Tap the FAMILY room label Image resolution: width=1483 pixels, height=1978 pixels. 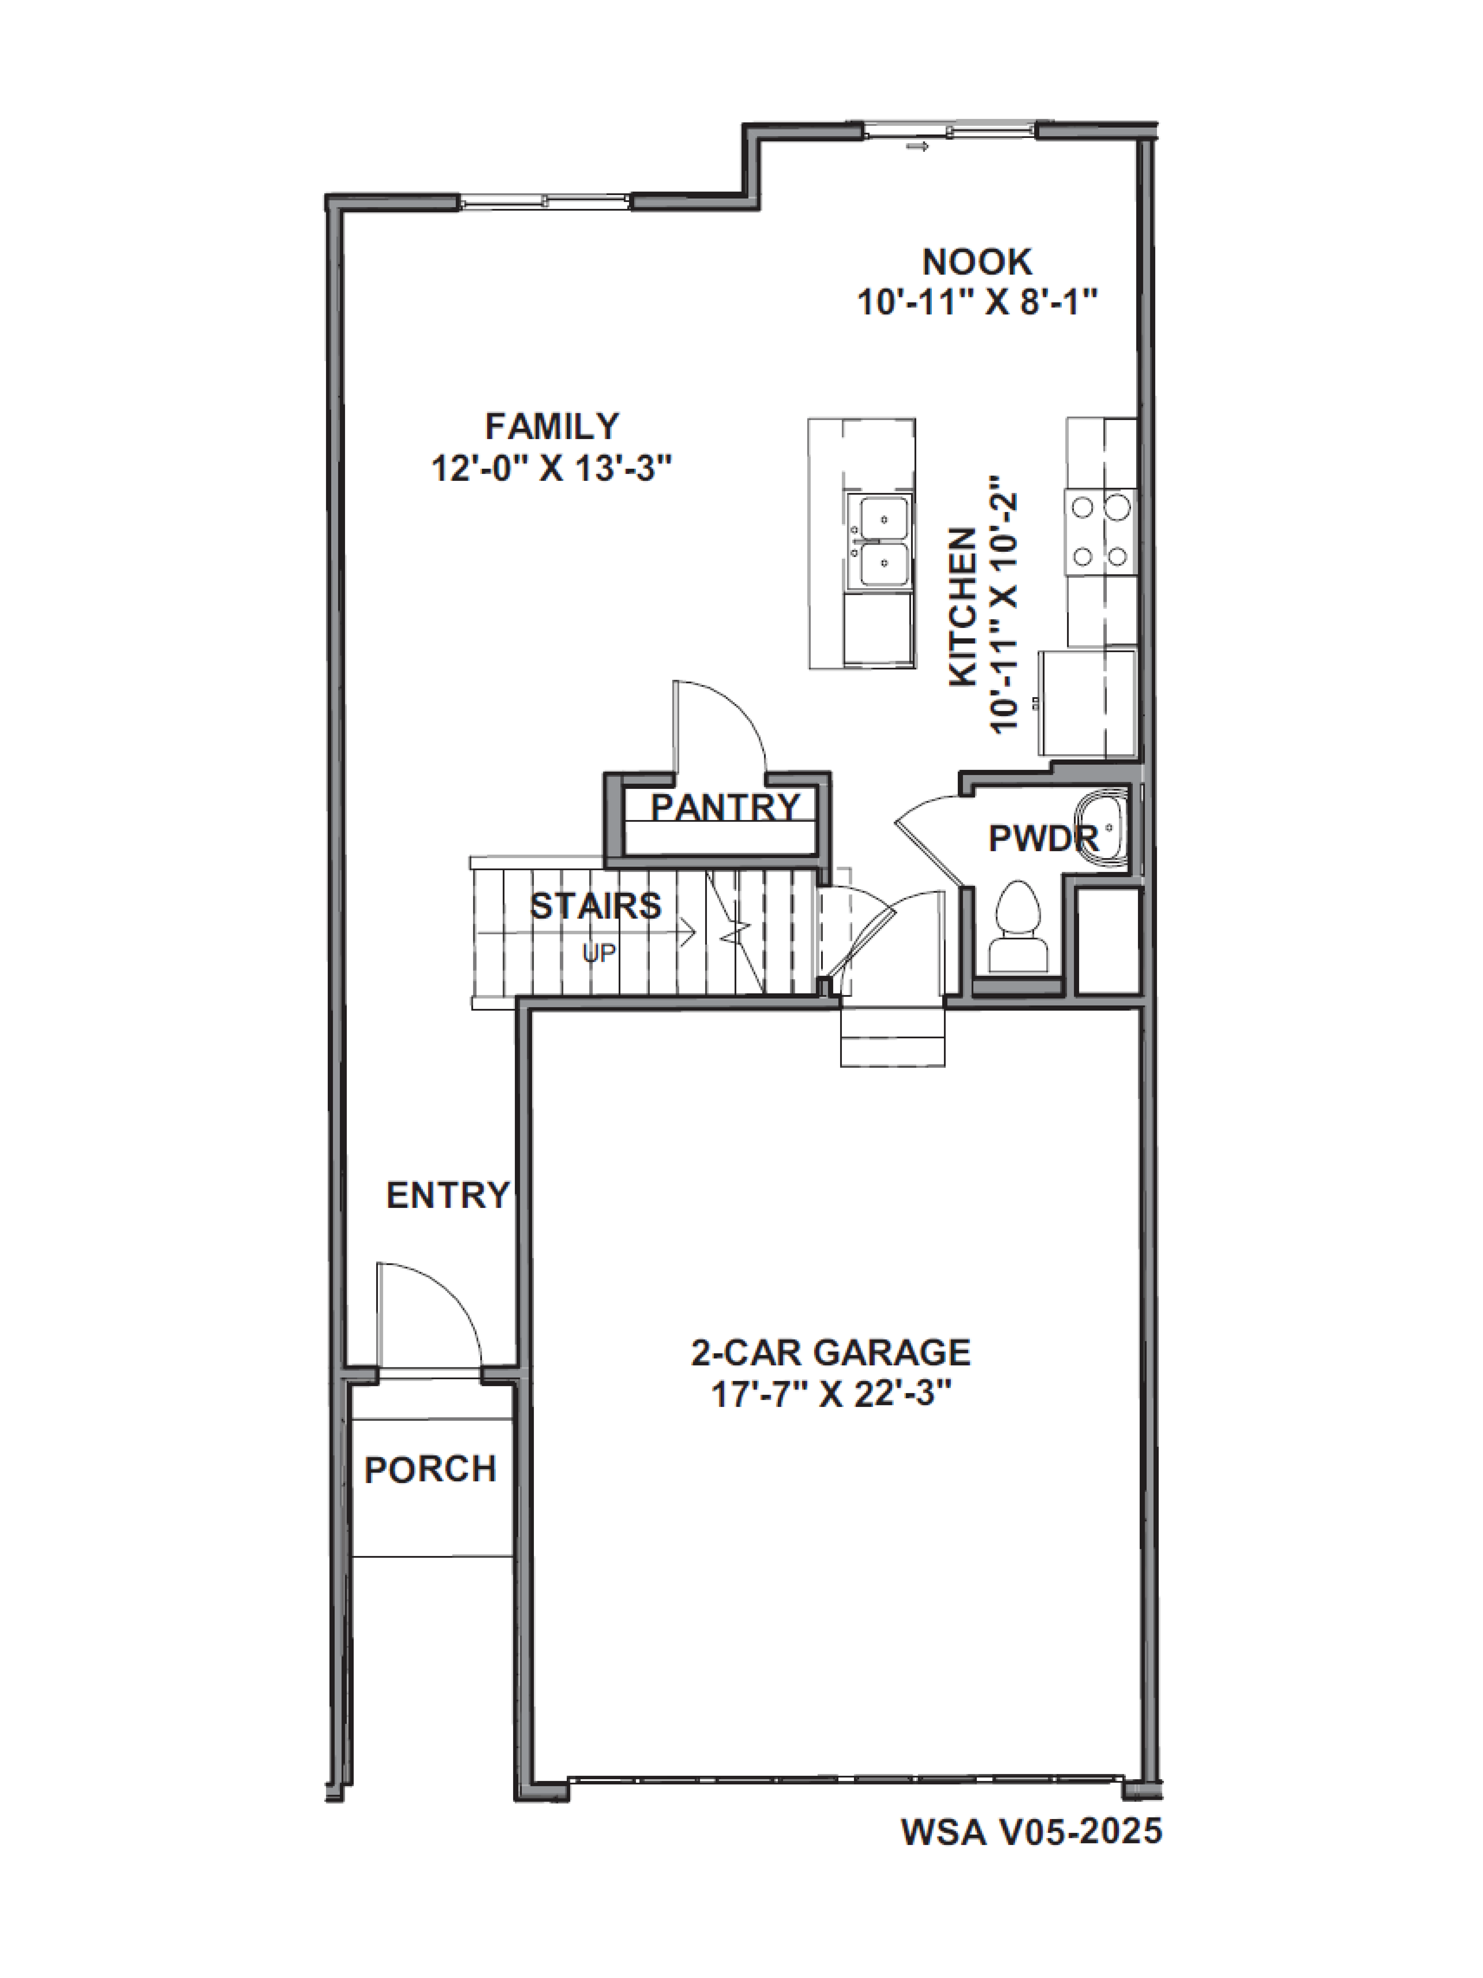[x=551, y=426]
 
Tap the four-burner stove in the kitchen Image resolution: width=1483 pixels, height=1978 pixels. [x=1099, y=532]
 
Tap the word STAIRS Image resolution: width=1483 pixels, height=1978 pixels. [x=595, y=906]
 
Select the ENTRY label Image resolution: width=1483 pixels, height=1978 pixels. [x=447, y=1195]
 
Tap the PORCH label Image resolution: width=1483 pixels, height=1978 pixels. [x=430, y=1469]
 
